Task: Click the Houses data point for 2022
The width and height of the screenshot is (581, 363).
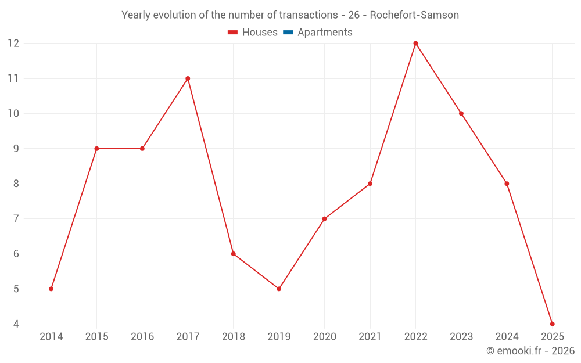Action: click(415, 44)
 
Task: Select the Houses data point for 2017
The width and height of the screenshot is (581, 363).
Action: click(188, 78)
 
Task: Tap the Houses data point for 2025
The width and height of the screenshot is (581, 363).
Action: click(552, 324)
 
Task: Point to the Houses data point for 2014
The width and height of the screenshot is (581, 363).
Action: click(51, 289)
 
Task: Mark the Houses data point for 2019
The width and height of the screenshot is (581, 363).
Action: click(279, 289)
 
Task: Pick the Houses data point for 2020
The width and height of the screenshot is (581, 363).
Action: click(324, 219)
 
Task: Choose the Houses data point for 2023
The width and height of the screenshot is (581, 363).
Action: click(461, 113)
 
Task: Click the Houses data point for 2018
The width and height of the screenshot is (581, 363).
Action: click(233, 254)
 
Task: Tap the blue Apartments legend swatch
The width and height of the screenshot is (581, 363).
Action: click(288, 33)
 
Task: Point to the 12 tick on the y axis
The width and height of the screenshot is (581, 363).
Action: click(13, 44)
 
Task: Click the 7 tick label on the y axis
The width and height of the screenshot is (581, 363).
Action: click(16, 219)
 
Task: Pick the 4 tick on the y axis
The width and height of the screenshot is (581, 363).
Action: click(16, 324)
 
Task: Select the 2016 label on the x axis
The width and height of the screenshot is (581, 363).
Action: click(142, 337)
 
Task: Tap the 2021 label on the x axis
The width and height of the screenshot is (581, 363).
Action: click(370, 337)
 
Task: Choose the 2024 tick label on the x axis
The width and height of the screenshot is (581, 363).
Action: click(507, 337)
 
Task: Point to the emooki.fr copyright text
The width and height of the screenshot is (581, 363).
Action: click(530, 351)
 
